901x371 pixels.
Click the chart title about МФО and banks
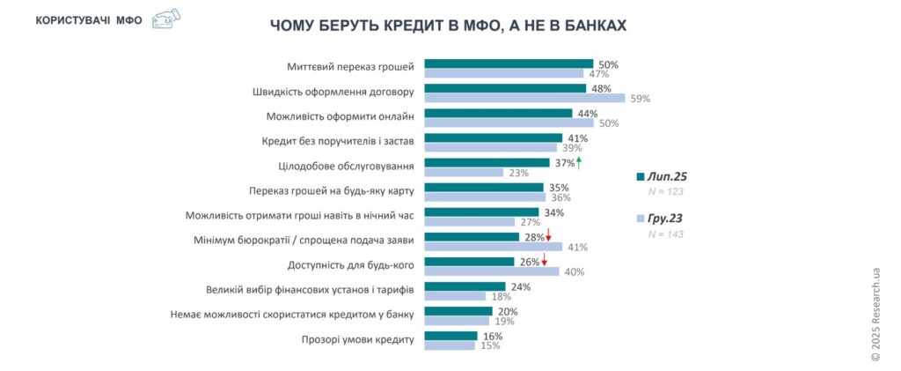[x=448, y=26]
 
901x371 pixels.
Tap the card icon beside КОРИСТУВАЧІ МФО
[x=165, y=19]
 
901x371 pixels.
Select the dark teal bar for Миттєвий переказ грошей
[x=509, y=63]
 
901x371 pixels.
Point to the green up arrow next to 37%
[x=579, y=162]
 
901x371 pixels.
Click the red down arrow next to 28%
[x=547, y=236]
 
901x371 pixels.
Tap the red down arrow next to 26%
[x=545, y=261]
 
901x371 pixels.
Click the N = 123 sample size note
[x=665, y=191]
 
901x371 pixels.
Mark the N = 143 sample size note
[x=665, y=234]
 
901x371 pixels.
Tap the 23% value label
[x=517, y=173]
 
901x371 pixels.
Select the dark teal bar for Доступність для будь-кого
[x=469, y=262]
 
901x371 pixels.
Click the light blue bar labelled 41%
[x=494, y=247]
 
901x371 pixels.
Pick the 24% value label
[x=520, y=286]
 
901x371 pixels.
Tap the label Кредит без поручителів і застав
[x=338, y=140]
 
